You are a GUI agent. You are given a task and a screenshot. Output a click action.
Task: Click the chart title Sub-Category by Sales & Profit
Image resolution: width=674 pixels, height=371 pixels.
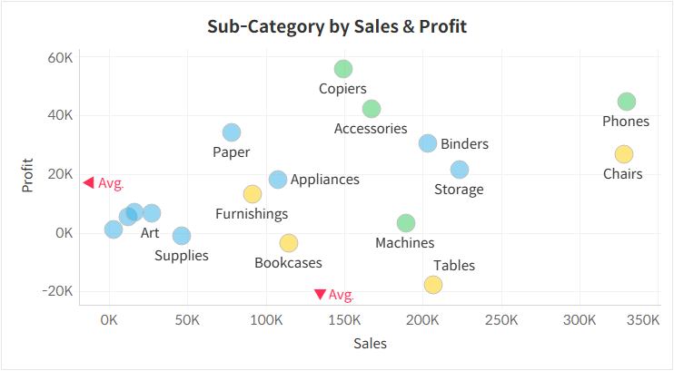[337, 25]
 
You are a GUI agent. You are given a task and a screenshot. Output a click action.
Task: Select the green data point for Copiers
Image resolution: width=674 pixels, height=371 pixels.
[342, 69]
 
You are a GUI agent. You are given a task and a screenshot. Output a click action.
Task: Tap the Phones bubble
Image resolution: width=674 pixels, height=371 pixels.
[626, 102]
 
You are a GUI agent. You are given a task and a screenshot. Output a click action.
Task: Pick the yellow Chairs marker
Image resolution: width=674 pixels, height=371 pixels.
[623, 154]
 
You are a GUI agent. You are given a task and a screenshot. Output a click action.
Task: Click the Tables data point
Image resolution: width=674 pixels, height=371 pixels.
[433, 285]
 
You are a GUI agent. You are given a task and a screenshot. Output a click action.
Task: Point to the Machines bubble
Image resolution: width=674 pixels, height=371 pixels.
[406, 223]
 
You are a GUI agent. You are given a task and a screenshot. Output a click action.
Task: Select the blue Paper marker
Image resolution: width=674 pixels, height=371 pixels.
[232, 132]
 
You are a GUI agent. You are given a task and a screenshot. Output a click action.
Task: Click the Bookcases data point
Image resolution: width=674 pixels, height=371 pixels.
[289, 243]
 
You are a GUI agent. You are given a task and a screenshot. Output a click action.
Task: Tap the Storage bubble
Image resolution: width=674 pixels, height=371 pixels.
[460, 170]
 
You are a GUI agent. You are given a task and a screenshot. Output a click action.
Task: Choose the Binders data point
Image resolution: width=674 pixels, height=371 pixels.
[428, 143]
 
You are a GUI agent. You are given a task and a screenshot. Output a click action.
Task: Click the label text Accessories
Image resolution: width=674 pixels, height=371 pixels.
[371, 129]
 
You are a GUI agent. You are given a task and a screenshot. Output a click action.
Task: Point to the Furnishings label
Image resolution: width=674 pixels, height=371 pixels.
[252, 214]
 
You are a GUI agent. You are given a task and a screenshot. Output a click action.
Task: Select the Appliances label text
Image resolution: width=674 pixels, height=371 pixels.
[324, 180]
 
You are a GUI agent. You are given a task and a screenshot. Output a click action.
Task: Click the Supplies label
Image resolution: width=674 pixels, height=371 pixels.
[182, 256]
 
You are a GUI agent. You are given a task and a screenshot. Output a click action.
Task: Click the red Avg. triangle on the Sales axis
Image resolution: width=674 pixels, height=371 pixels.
[320, 294]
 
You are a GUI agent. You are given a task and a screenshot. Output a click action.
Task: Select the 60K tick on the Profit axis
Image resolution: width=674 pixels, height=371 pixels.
[60, 57]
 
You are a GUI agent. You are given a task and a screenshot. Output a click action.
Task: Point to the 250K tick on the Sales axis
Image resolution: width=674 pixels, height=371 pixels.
[501, 320]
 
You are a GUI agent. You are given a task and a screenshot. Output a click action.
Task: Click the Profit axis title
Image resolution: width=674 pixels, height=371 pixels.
[28, 174]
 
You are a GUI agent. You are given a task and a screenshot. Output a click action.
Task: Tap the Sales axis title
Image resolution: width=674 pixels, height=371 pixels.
[370, 344]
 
